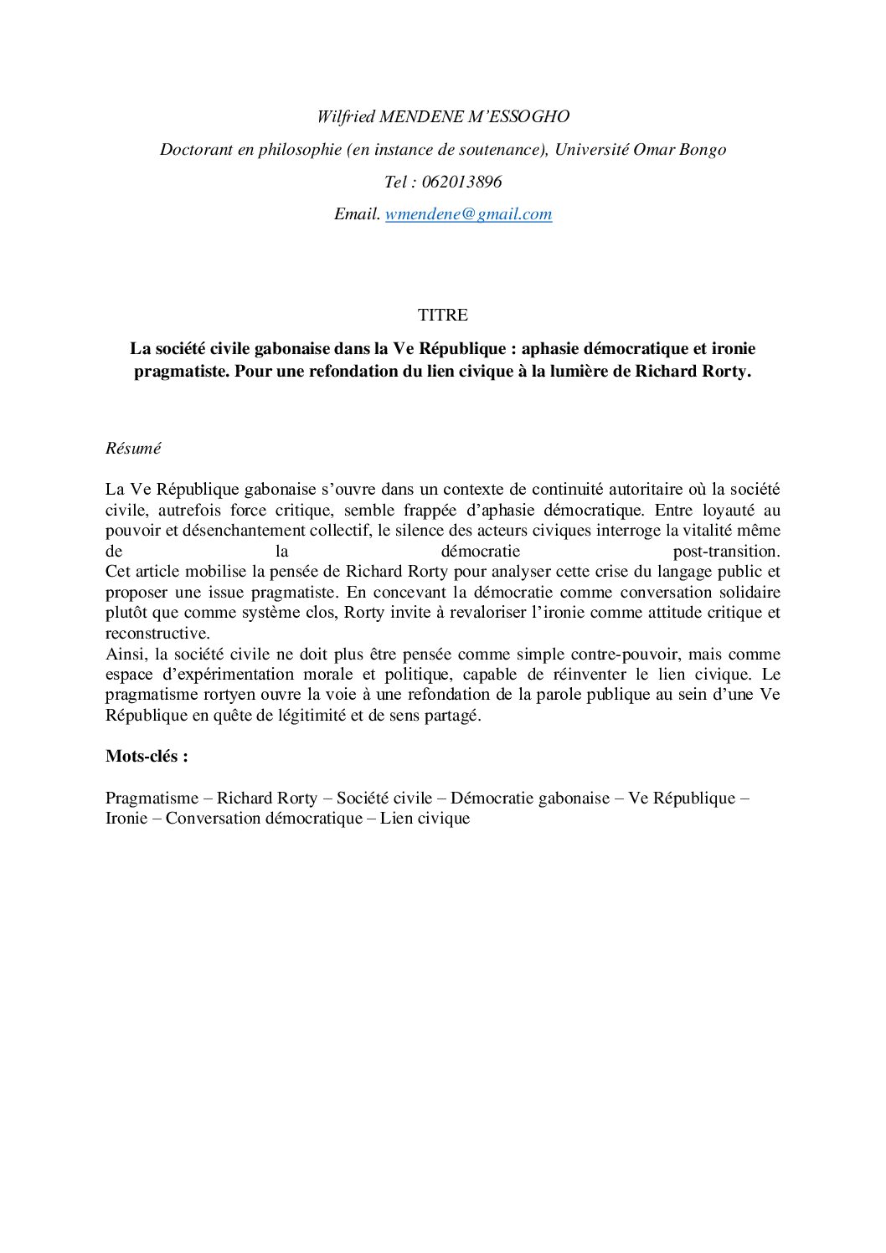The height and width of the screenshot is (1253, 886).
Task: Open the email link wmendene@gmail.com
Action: pos(468,214)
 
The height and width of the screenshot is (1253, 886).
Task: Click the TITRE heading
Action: pos(443,316)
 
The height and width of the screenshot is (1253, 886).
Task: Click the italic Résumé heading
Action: pos(133,449)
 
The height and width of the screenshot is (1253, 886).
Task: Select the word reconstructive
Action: pos(157,633)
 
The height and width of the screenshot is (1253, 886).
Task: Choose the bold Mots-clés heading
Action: pos(147,757)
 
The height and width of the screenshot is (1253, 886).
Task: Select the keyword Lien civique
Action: pos(425,819)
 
